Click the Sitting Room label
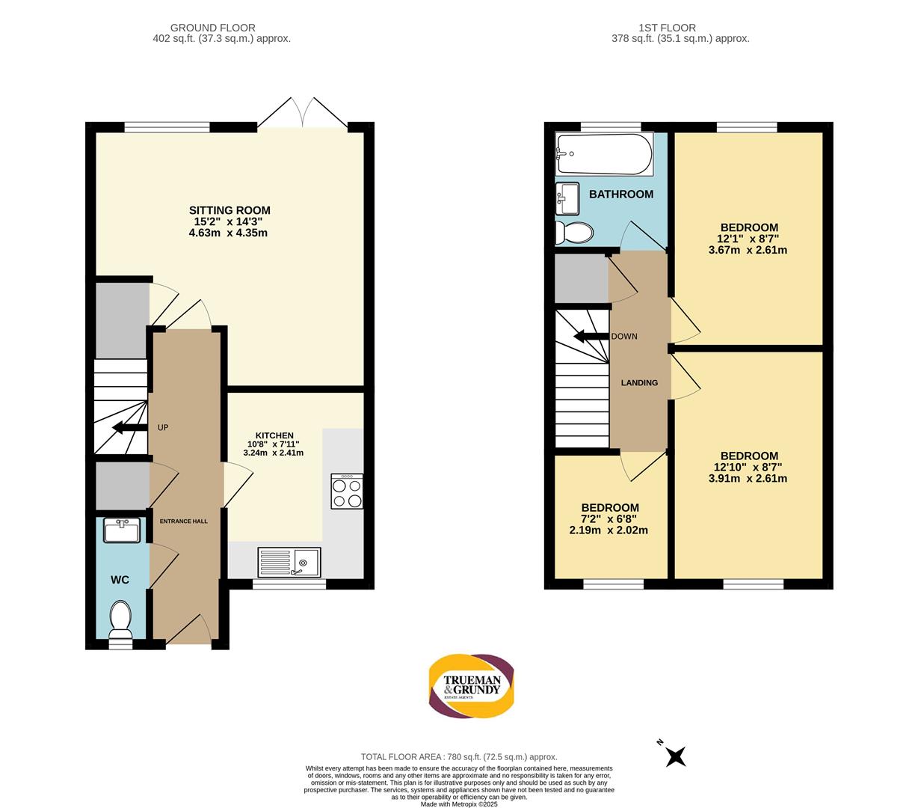229,210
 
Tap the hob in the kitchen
347,492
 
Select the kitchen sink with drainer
289,563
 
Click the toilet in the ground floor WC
120,619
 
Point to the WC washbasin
122,530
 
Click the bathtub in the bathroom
604,153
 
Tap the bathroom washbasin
567,198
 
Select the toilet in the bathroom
573,233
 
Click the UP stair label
163,428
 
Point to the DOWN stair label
624,337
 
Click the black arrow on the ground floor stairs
129,427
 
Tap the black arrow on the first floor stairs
591,337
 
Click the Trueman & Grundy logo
471,686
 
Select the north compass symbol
672,756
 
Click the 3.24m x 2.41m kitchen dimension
273,453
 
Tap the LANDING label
639,383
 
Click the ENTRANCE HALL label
183,521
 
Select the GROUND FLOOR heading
212,28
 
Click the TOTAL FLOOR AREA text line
459,757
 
